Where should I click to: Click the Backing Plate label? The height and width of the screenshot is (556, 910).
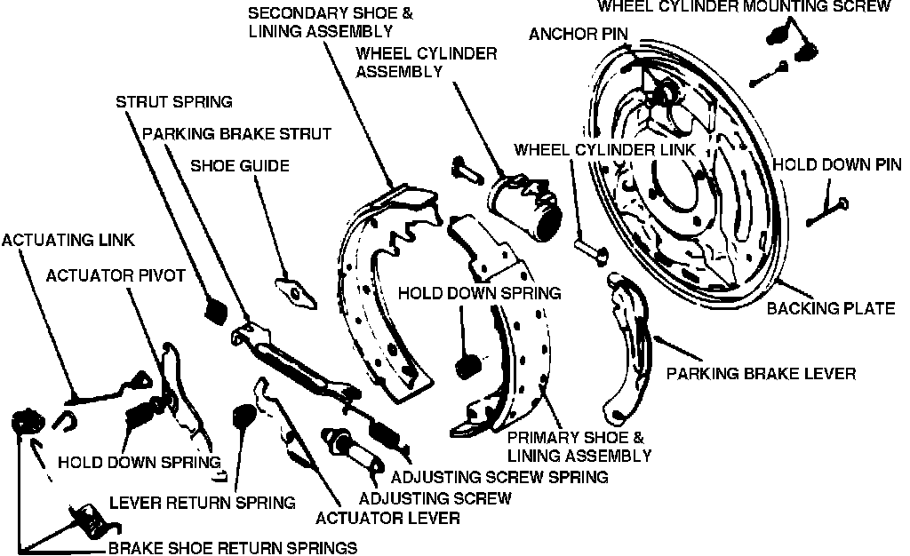click(830, 308)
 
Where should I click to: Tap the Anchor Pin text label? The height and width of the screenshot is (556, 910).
click(579, 35)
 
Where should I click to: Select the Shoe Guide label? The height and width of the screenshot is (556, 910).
click(240, 165)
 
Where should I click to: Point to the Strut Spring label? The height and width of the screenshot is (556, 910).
click(174, 101)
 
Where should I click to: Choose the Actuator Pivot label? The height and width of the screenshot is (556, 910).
click(116, 275)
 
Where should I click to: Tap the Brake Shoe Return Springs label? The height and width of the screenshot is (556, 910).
click(233, 547)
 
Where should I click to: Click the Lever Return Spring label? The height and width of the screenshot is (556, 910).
click(202, 503)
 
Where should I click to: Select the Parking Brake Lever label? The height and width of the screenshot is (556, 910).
click(762, 374)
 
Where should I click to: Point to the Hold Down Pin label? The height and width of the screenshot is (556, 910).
click(836, 164)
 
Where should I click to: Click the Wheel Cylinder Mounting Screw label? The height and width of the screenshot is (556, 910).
click(743, 7)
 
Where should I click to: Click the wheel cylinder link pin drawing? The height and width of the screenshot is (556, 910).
click(588, 250)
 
